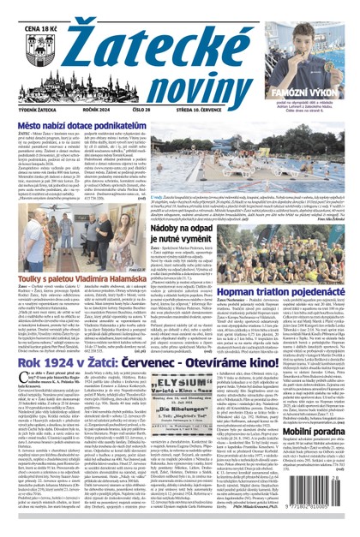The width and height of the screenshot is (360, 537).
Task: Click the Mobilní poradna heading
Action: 322,491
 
